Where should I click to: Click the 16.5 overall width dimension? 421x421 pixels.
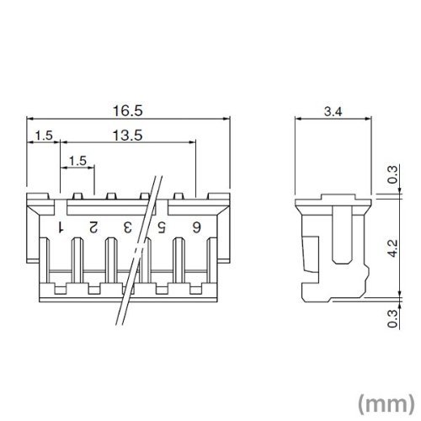[128, 111]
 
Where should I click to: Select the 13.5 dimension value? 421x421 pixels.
[128, 136]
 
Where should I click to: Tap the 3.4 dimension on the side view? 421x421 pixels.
[333, 112]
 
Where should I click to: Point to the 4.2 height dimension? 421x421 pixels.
[393, 248]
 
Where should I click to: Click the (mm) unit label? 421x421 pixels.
[386, 404]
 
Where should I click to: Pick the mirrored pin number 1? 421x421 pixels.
[61, 227]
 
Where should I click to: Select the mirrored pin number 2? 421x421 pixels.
[93, 227]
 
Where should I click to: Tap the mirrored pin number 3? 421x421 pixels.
[127, 227]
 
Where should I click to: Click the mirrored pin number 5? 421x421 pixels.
[162, 227]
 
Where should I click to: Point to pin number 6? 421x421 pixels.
[196, 227]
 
